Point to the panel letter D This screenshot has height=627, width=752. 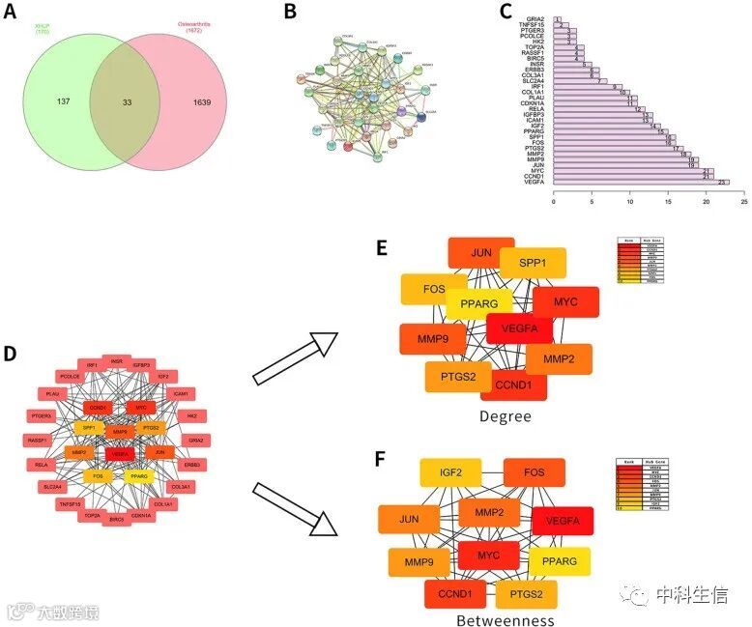11,354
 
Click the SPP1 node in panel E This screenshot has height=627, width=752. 533,264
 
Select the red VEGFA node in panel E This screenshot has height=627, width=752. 520,329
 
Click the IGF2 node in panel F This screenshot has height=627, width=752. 450,472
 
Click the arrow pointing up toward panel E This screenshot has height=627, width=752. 296,357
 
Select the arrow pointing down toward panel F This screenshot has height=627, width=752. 296,504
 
